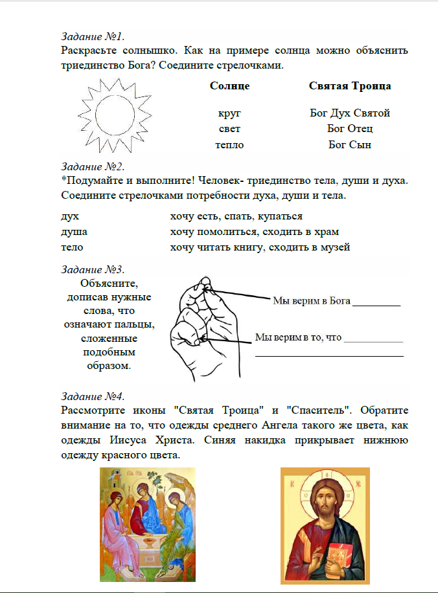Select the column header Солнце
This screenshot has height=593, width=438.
229,85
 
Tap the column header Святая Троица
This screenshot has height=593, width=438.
350,85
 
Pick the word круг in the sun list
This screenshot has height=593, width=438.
229,113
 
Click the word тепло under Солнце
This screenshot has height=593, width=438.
229,144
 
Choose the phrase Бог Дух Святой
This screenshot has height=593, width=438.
350,113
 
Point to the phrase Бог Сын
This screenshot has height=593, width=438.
350,144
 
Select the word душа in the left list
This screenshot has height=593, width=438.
74,232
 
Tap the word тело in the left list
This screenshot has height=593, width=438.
72,247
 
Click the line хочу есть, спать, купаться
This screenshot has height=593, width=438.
236,216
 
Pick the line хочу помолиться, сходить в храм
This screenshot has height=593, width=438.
255,232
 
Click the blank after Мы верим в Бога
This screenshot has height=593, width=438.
376,302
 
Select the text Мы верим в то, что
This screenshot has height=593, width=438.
298,337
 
